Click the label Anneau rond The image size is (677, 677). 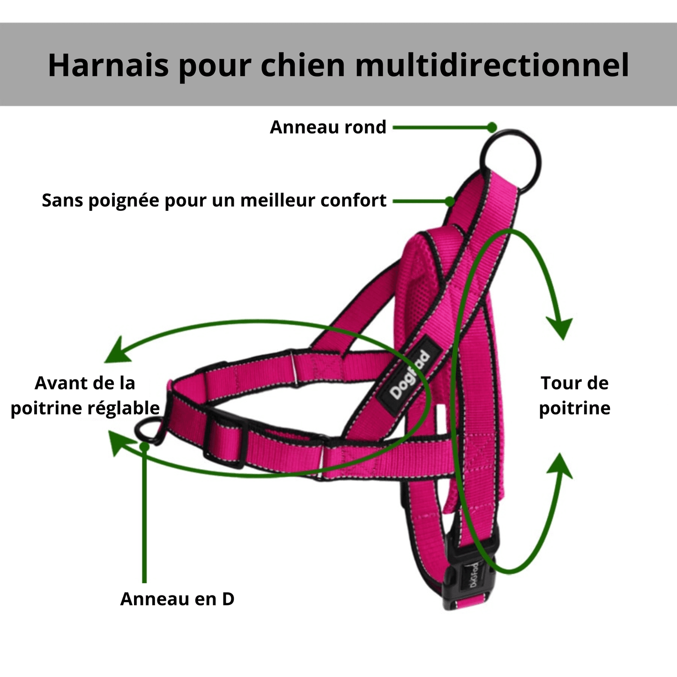click(328, 127)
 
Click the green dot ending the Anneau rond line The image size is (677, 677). click(492, 127)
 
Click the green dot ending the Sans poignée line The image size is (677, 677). click(450, 201)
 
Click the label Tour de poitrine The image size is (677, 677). click(575, 395)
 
